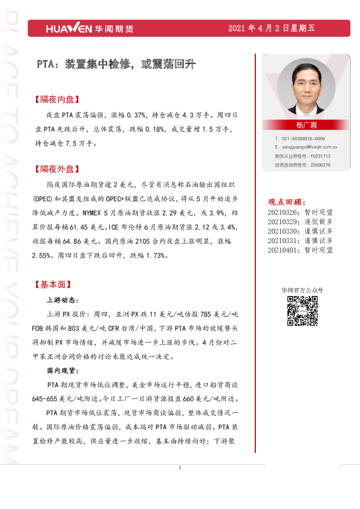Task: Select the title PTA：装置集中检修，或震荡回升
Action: (116, 63)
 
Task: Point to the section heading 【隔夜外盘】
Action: (58, 169)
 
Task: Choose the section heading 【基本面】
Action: (54, 284)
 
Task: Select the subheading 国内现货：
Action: (62, 370)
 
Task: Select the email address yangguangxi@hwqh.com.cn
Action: (309, 147)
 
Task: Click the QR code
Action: (302, 311)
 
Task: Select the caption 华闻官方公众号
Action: (302, 290)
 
